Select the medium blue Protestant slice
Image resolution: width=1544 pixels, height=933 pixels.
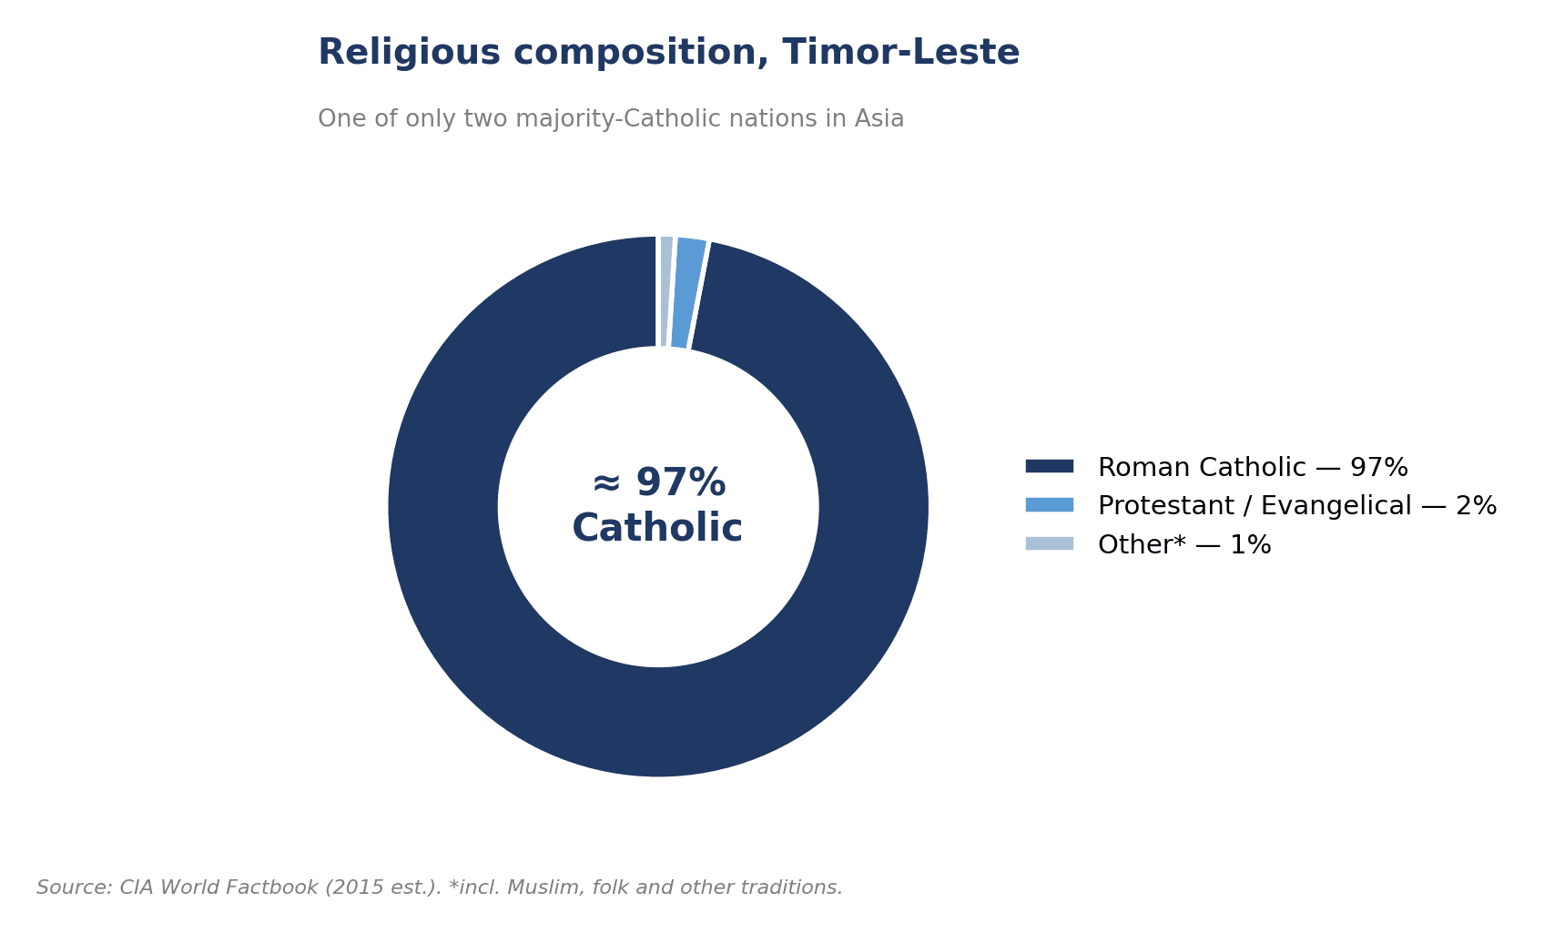click(688, 293)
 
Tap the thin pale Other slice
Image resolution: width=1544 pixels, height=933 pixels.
click(665, 291)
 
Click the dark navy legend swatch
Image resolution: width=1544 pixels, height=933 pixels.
click(1049, 466)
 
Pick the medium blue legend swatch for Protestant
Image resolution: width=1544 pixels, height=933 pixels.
click(1049, 505)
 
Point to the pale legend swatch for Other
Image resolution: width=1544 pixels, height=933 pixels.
click(1049, 543)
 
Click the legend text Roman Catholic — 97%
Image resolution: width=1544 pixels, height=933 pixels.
click(1253, 467)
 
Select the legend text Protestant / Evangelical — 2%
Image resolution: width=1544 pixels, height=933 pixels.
click(1297, 506)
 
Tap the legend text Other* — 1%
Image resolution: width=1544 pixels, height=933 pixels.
click(1184, 544)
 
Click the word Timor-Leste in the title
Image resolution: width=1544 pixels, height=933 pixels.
click(901, 53)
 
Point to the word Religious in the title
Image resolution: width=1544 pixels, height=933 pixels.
click(409, 53)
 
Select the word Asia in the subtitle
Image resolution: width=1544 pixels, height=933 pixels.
click(879, 118)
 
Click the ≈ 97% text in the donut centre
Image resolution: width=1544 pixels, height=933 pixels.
click(659, 482)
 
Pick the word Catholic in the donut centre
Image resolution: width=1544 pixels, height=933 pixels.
click(657, 528)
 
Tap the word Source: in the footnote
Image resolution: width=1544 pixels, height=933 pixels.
click(75, 887)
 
